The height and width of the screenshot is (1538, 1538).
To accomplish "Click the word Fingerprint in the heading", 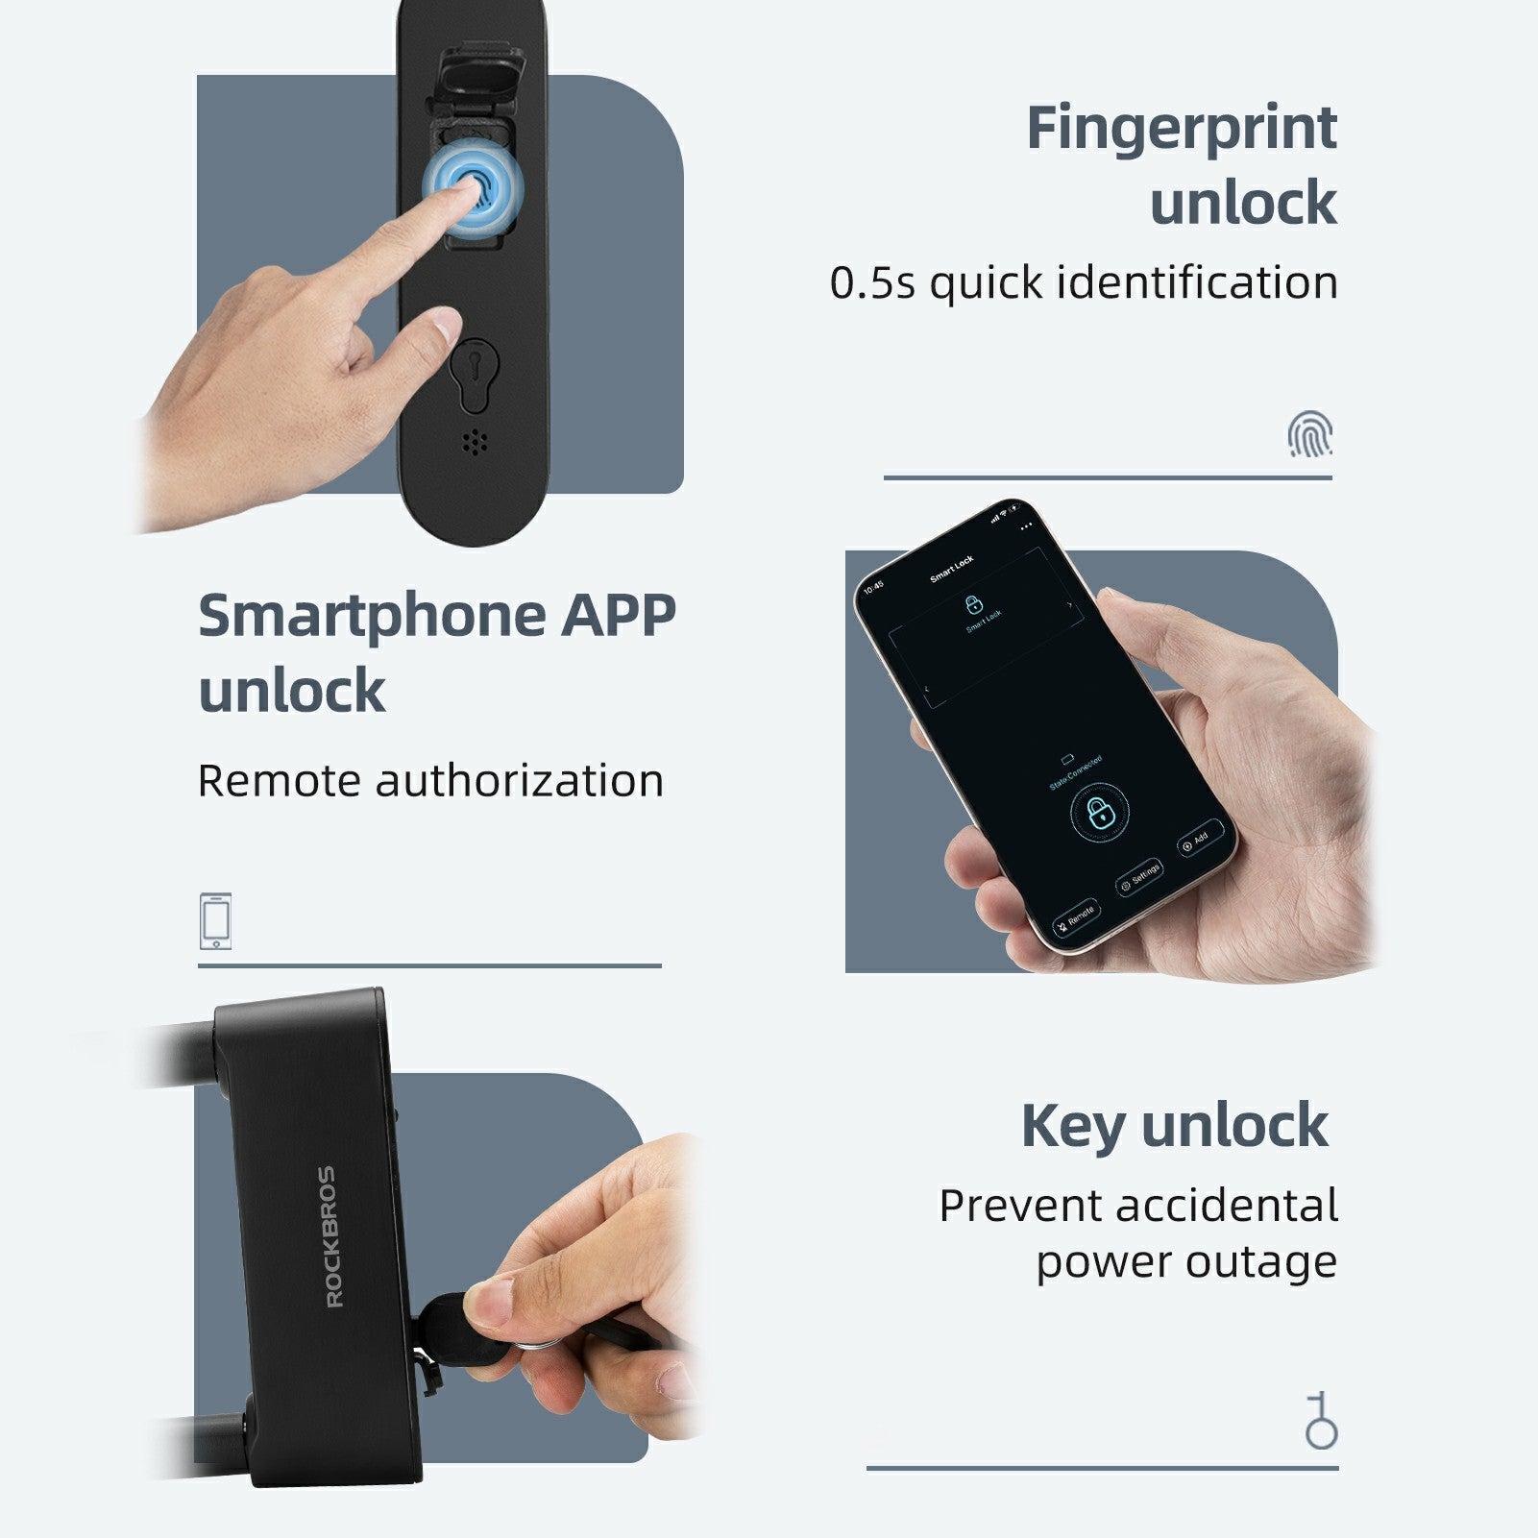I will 1181,129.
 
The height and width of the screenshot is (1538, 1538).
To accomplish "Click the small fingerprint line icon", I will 1309,434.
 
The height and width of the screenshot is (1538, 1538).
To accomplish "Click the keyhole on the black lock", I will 474,370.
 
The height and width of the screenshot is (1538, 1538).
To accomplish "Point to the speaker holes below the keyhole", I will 474,442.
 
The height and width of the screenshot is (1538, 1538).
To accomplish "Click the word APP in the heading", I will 619,616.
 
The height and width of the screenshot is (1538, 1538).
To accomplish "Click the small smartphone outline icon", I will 215,921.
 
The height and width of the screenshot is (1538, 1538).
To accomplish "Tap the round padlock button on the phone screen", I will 1099,814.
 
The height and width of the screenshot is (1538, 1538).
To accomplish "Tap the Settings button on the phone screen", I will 1140,878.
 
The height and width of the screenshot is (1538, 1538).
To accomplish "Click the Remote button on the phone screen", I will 1075,917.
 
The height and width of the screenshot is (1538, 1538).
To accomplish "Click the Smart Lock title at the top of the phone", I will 951,569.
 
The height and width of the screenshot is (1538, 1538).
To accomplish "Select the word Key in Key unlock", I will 1073,1126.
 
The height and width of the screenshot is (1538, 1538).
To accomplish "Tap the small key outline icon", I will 1321,1421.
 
